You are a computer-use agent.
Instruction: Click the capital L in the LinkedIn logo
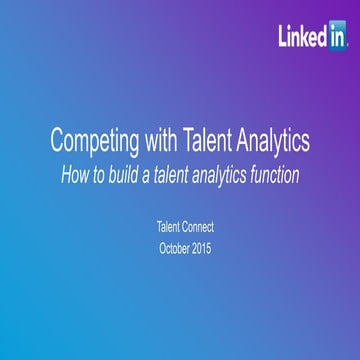point(283,37)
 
